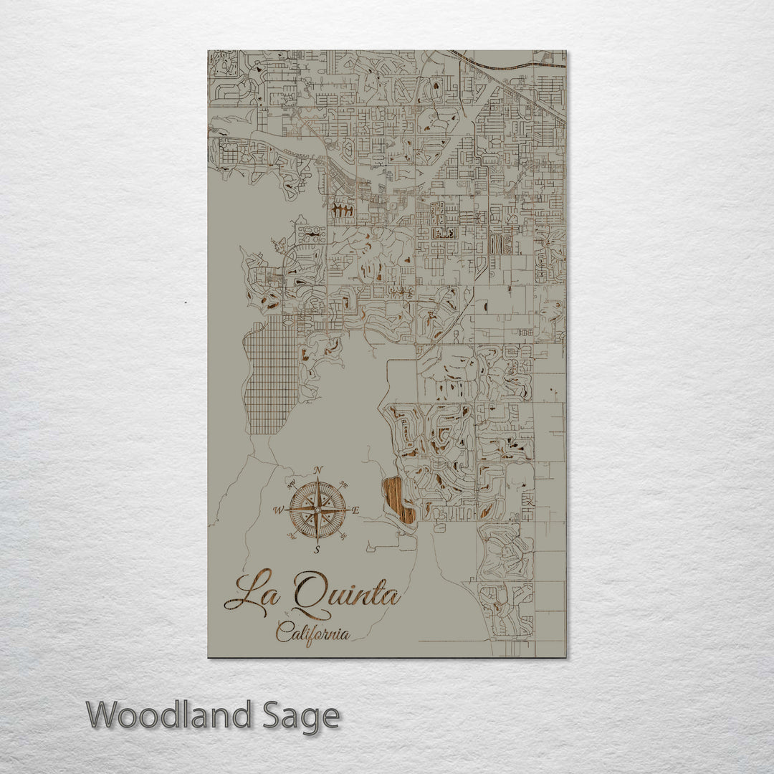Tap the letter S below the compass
[317, 550]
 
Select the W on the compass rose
[278, 510]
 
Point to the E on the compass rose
[356, 510]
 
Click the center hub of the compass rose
[317, 510]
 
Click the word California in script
[313, 634]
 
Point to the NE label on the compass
[343, 484]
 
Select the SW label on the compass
[292, 535]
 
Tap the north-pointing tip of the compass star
[317, 479]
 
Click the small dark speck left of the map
[185, 302]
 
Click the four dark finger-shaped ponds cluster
[343, 211]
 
